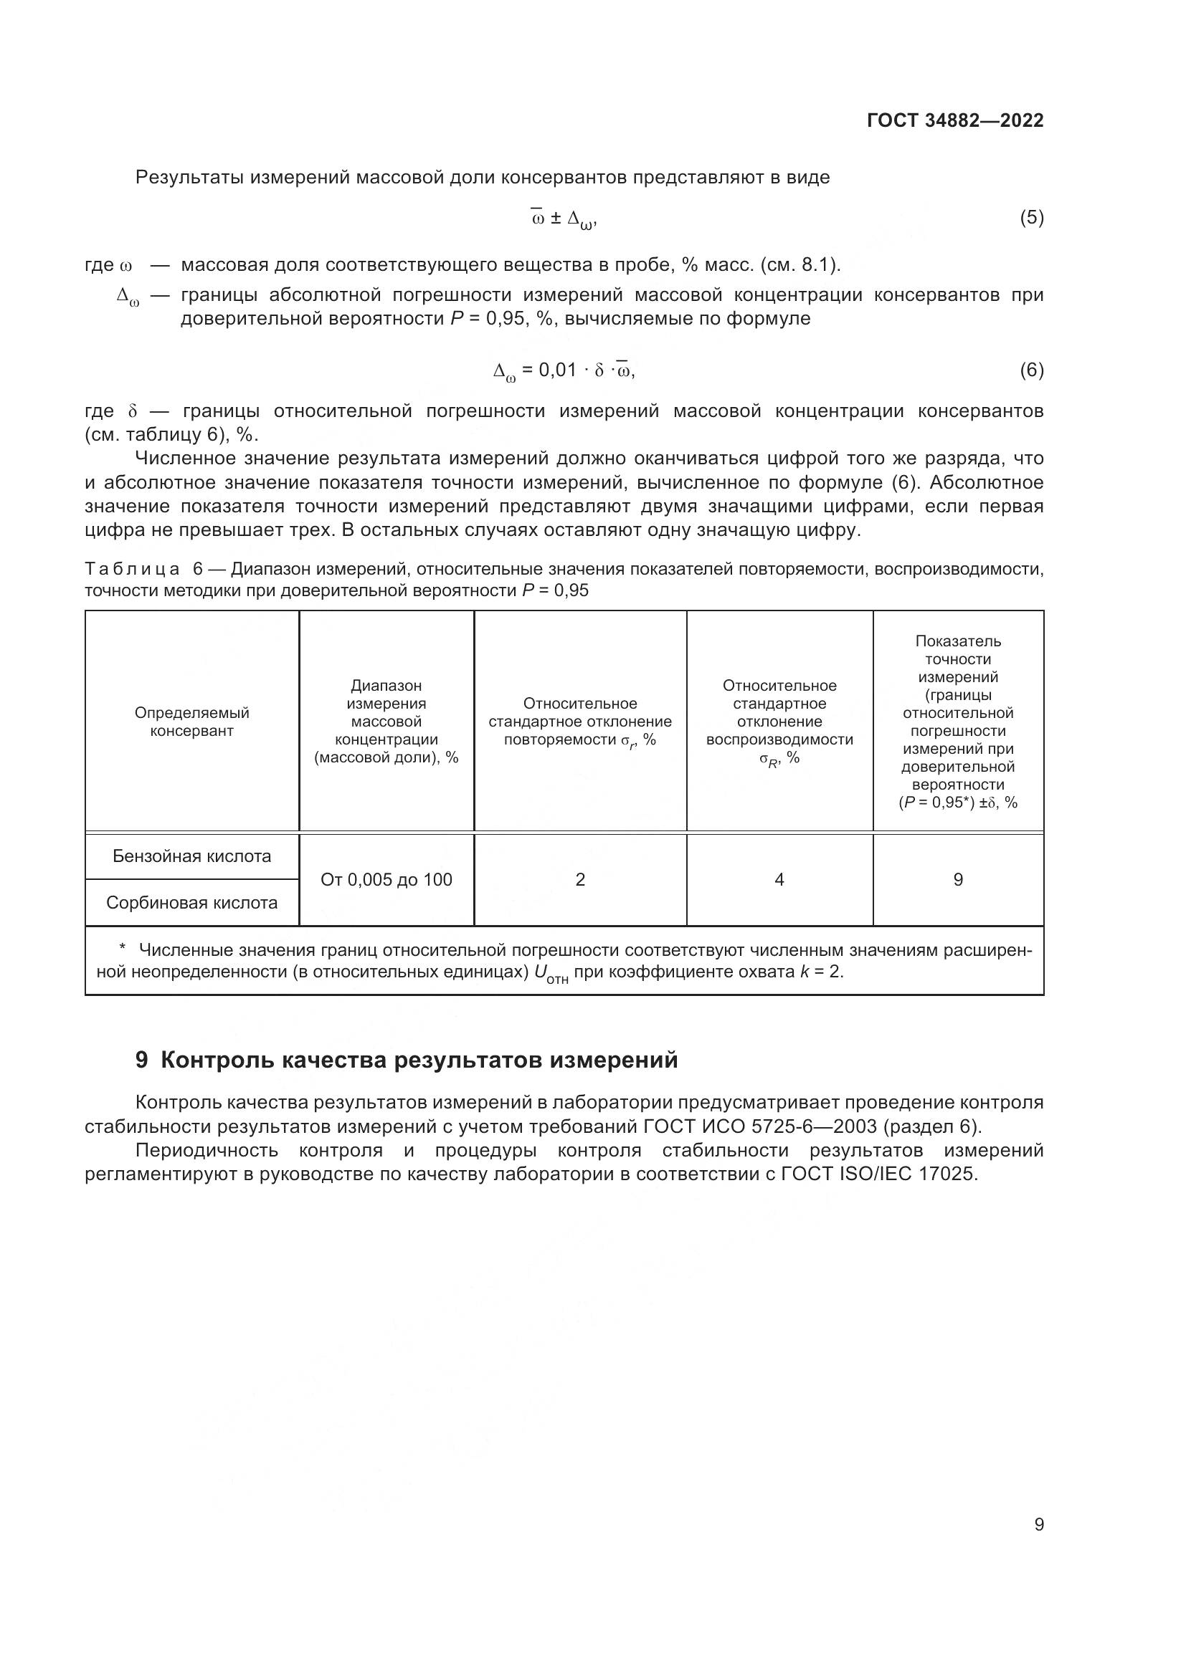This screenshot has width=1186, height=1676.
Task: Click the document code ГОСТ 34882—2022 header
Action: [954, 120]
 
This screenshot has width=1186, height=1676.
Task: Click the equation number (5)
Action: [1031, 218]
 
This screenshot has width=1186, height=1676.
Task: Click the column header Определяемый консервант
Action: [192, 722]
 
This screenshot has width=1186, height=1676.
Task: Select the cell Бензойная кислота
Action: [192, 856]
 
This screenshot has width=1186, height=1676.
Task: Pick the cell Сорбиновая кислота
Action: [192, 903]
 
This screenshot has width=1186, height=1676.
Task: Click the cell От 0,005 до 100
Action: [386, 880]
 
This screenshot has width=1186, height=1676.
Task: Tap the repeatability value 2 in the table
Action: [580, 880]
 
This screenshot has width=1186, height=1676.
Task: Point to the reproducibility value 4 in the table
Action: [779, 880]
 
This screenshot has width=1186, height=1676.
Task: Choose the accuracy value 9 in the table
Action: [958, 880]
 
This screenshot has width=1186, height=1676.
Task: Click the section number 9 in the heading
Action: [142, 1060]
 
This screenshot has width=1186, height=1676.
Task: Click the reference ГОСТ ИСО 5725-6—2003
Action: [760, 1126]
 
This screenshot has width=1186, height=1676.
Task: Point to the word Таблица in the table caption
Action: [132, 570]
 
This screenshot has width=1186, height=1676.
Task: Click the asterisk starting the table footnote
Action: [123, 948]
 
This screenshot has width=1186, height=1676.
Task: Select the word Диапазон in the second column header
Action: [386, 686]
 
